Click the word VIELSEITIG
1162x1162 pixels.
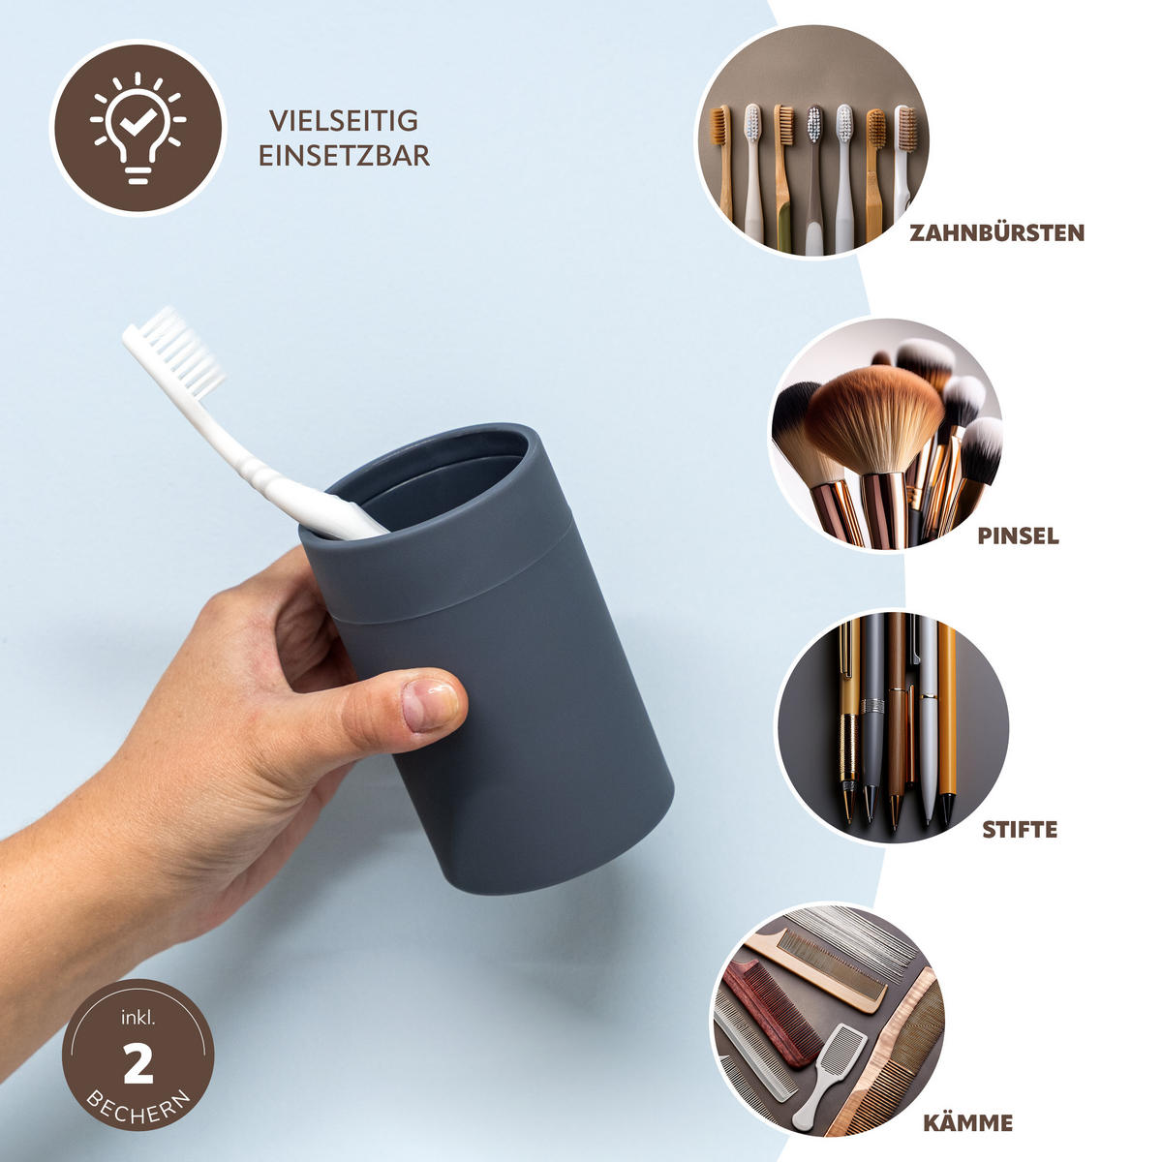pos(343,121)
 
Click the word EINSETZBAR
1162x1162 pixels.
pos(344,156)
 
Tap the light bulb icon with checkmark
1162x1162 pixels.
pos(138,127)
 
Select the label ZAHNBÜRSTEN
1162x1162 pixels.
pos(996,232)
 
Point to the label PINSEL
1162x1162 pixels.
pos(1018,536)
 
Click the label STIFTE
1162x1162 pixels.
pos(1020,829)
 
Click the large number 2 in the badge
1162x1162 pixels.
pos(138,1063)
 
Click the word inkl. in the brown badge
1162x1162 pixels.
pos(138,1019)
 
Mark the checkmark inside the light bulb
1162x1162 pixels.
pos(138,122)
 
